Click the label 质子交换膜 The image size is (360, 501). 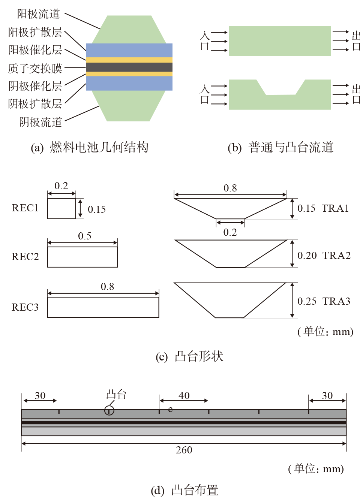pos(35,68)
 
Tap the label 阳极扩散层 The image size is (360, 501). pos(35,32)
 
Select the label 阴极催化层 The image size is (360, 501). pos(35,86)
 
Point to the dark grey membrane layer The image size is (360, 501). pos(129,67)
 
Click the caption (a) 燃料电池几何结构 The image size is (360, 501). pos(90,147)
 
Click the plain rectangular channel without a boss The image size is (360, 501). pos(280,41)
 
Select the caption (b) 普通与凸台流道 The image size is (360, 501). pos(280,147)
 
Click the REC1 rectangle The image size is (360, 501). pos(61,208)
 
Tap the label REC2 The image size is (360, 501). pos(25,257)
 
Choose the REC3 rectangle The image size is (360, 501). pos(103,307)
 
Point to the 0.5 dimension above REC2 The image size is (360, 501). pos(85,236)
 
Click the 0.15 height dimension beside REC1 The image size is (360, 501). pos(97,209)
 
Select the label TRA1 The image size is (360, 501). pos(335,208)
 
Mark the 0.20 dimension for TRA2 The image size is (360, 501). pos(307,256)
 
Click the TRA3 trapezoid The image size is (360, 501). pos(230,299)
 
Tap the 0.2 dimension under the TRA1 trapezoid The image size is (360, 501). pos(230,232)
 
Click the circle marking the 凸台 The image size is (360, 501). pos(109,411)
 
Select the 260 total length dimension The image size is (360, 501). pos(184,450)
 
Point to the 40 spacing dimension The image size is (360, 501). pos(184,396)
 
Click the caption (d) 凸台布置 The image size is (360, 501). pos(184,490)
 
